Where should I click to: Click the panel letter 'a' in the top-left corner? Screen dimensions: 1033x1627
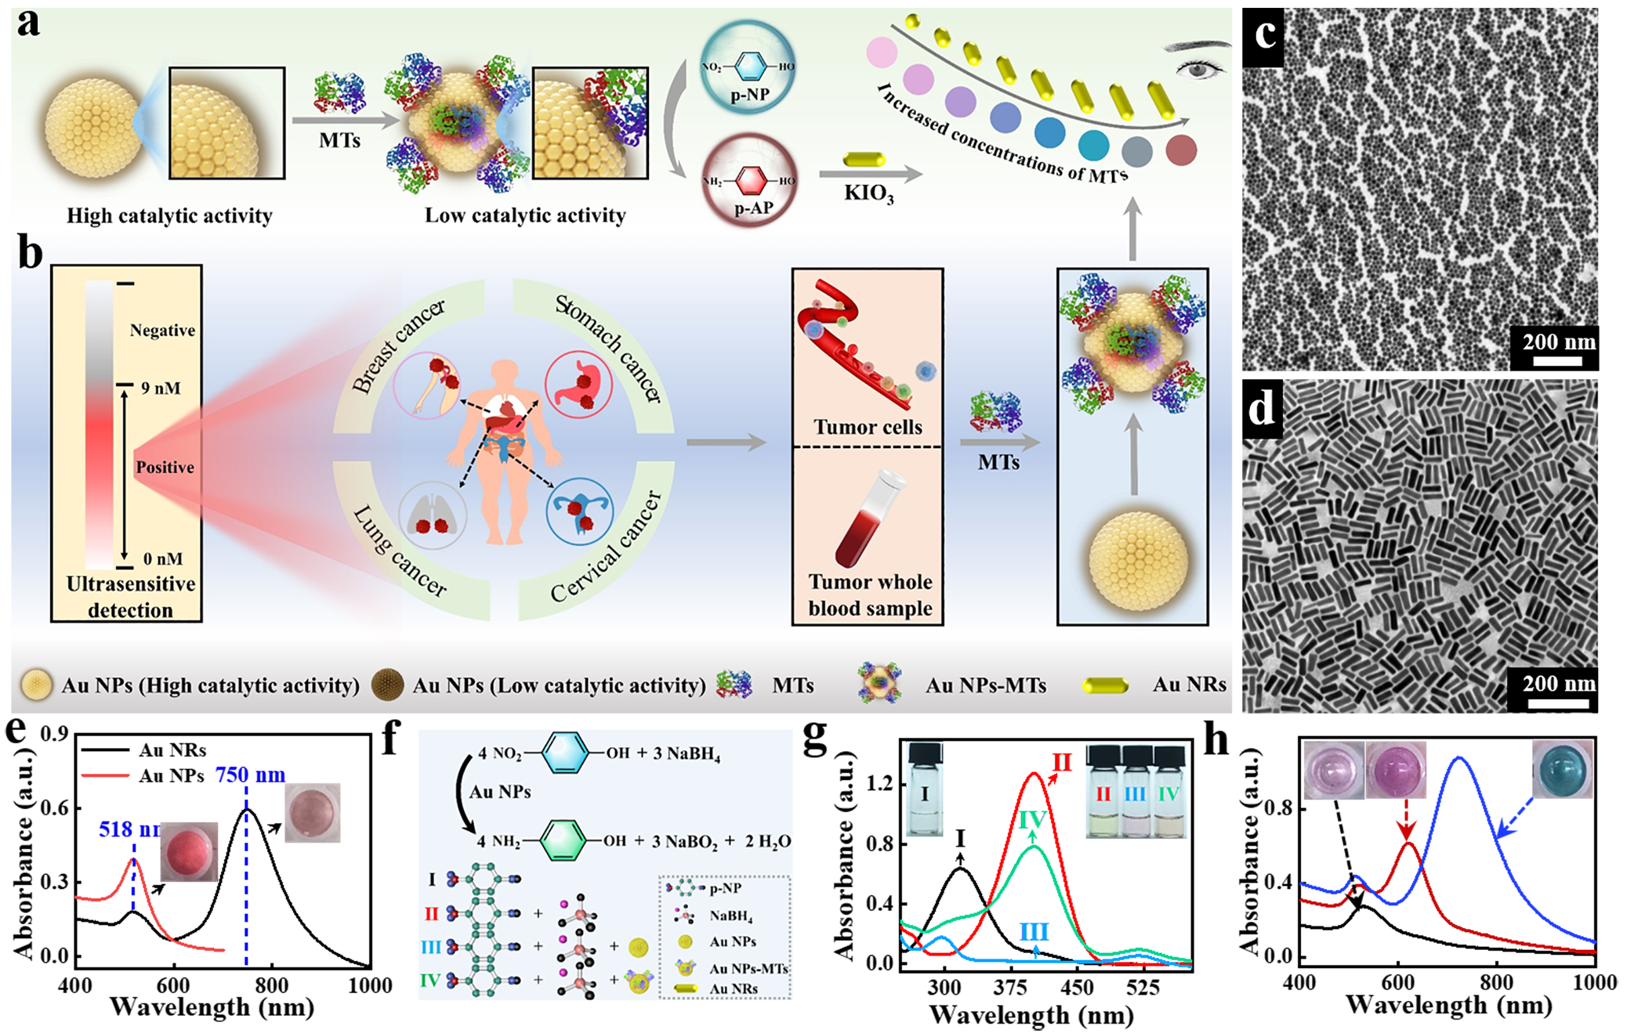[x=29, y=23]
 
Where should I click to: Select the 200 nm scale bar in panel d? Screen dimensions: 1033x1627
[x=1558, y=703]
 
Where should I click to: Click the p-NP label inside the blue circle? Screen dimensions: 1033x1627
[x=749, y=96]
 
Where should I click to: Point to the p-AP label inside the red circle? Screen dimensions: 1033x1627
[x=753, y=208]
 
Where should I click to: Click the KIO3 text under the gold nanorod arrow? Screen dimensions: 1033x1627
[x=868, y=193]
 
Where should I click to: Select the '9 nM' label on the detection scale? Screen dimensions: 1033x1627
[x=161, y=388]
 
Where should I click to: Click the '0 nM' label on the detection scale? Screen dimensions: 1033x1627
[x=163, y=559]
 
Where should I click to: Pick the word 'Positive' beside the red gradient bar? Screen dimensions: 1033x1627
[x=165, y=468]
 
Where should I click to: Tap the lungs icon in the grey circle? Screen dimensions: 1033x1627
[x=433, y=516]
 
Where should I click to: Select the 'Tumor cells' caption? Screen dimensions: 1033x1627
[x=868, y=428]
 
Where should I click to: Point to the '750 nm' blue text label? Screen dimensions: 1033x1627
[x=250, y=775]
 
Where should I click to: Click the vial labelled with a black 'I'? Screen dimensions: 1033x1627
[x=924, y=791]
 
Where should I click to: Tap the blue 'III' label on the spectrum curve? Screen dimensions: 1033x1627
[x=1034, y=932]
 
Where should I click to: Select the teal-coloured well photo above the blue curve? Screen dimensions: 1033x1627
[x=1562, y=770]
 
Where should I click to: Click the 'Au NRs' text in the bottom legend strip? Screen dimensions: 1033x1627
[x=1189, y=684]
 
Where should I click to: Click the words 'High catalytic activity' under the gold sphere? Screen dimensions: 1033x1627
[x=169, y=215]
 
